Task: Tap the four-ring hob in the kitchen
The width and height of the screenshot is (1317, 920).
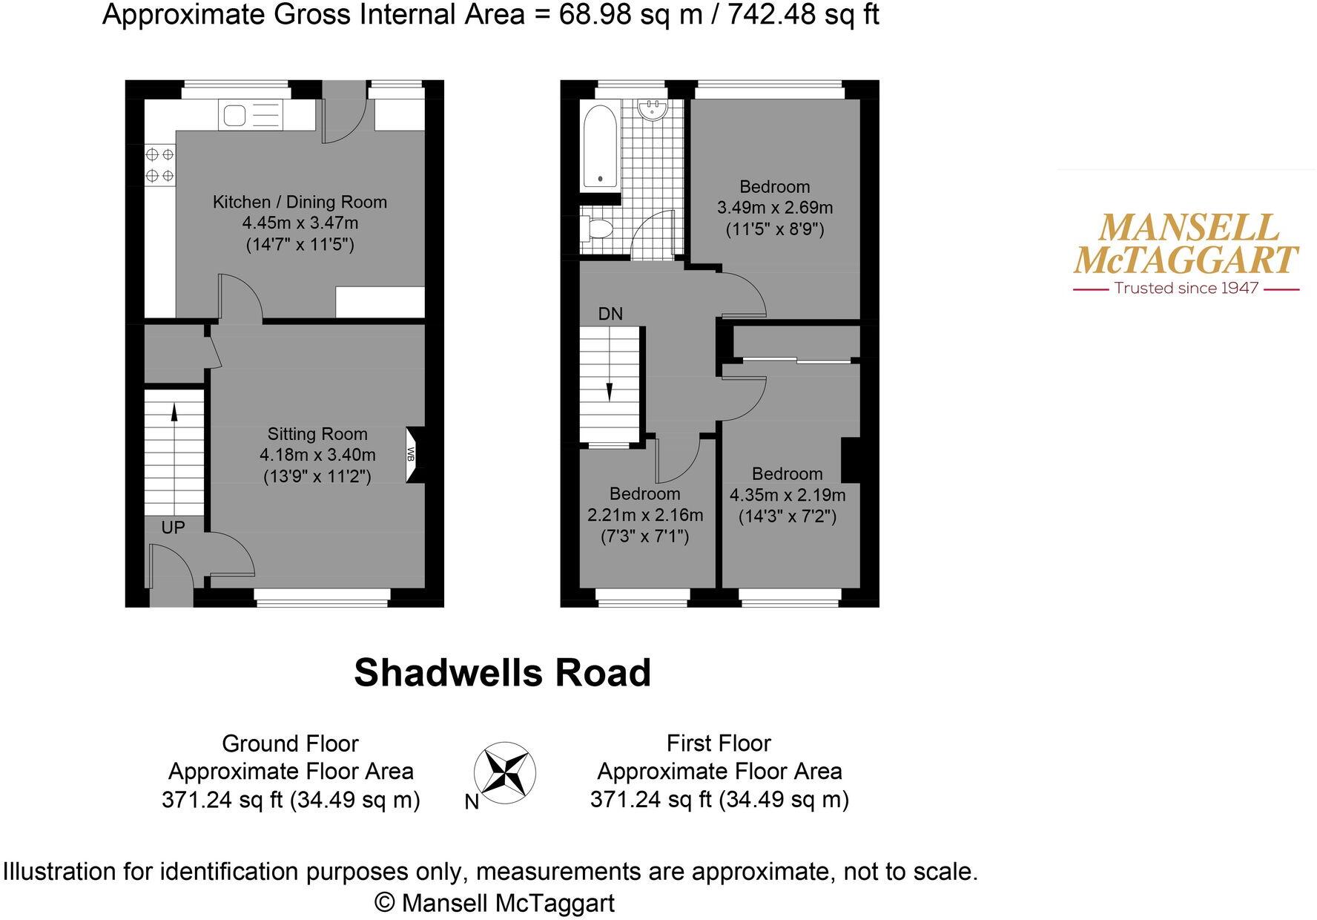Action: coord(159,165)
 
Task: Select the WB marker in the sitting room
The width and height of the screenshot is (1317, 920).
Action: coord(410,454)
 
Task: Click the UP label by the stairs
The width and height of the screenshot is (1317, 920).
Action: coord(173,528)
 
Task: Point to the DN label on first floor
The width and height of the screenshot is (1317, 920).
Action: coord(610,314)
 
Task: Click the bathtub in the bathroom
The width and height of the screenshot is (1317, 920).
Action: coord(600,145)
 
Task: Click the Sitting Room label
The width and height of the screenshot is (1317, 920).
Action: coord(317,434)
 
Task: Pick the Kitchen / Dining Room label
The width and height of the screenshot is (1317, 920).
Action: coord(300,202)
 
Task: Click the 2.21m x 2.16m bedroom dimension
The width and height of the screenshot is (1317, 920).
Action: coord(645,515)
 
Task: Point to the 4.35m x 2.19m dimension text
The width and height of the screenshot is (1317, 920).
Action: coord(788,495)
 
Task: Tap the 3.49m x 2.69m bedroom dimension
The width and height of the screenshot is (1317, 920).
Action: coord(775,208)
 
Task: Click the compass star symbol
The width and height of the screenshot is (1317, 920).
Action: coord(504,771)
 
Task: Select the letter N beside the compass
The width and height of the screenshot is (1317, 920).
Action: coord(472,802)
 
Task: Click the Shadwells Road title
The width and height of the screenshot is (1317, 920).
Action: coord(502,673)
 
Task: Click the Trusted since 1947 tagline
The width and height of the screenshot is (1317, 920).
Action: coord(1186,288)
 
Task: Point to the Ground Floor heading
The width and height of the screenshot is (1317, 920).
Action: coord(290,743)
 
